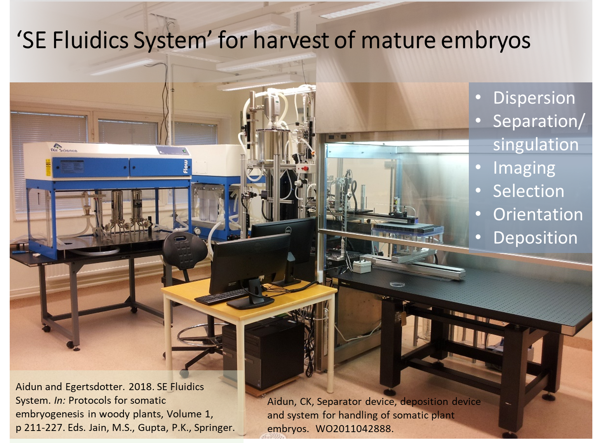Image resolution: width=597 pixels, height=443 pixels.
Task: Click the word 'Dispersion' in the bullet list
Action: (534, 98)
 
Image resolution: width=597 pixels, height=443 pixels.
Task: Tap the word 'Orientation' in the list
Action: (538, 215)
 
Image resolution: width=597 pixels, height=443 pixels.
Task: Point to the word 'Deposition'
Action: (535, 238)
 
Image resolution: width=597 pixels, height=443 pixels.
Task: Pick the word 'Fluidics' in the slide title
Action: (91, 40)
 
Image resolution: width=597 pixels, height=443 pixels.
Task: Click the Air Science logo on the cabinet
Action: (64, 148)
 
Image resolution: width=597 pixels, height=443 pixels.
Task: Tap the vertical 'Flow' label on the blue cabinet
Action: (185, 166)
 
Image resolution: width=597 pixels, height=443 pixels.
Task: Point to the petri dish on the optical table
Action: (397, 284)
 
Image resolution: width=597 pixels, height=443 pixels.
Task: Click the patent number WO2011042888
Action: (354, 429)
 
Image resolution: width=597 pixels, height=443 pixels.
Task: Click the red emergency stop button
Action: (305, 169)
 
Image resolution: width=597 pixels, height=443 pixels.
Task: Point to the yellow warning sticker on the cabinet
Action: (48, 167)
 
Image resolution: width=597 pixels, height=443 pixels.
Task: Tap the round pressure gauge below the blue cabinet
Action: (198, 231)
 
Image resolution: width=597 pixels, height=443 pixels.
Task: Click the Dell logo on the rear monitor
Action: (288, 230)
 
